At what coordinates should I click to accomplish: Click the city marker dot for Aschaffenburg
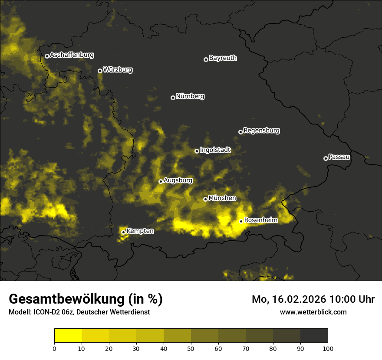coord(47,56)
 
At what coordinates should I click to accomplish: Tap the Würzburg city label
coord(118,70)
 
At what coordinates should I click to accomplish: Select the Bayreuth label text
coord(223,58)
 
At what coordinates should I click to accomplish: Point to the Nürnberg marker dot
coord(173,98)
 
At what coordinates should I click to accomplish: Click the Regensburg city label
coord(261,131)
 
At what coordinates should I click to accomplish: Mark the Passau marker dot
coord(326,158)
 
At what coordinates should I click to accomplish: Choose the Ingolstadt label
coord(215,150)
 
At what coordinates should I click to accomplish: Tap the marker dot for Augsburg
coord(161,181)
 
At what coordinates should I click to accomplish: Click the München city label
coord(222,198)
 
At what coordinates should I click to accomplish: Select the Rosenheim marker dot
coord(241,221)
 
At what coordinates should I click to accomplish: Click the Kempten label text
coord(140,231)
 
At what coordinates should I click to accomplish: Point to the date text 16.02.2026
coord(300,299)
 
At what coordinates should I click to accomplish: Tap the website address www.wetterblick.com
coord(313,312)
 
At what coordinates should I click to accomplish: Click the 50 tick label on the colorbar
coord(191,348)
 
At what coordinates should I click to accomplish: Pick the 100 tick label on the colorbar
coord(328,348)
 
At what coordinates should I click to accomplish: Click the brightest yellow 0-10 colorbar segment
coord(68,336)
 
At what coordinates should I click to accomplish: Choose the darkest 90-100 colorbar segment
coord(314,336)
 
